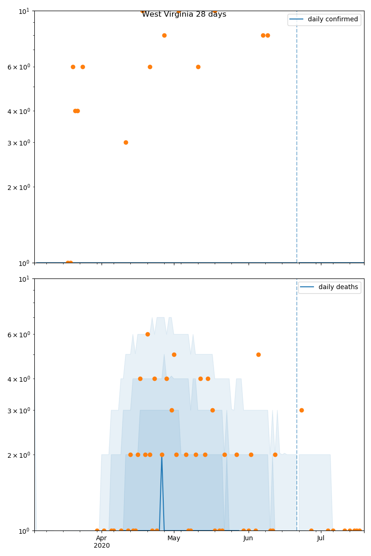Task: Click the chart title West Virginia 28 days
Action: tap(184, 14)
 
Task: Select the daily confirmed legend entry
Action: tap(333, 19)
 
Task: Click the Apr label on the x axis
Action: tap(102, 538)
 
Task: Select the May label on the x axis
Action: tap(174, 538)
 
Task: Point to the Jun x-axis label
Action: tap(248, 538)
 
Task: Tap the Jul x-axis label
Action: tap(320, 538)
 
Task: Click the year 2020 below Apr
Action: tap(102, 546)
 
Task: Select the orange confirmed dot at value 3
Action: tap(126, 142)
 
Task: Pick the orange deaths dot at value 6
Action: tap(147, 334)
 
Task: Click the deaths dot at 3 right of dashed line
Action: tap(301, 410)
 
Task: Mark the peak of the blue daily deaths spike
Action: tap(161, 455)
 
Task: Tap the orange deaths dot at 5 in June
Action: tap(258, 354)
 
